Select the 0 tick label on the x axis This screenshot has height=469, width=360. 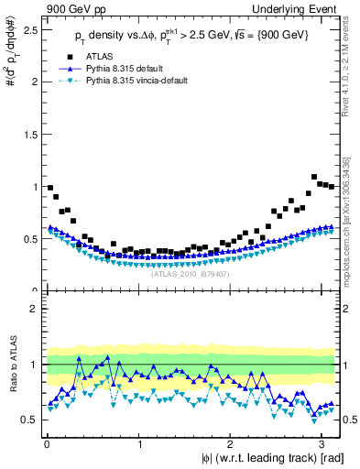point(46,443)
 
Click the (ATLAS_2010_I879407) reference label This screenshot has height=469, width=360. point(191,273)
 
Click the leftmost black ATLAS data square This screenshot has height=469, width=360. point(49,188)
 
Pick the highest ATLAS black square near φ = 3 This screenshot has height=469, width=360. point(314,177)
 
